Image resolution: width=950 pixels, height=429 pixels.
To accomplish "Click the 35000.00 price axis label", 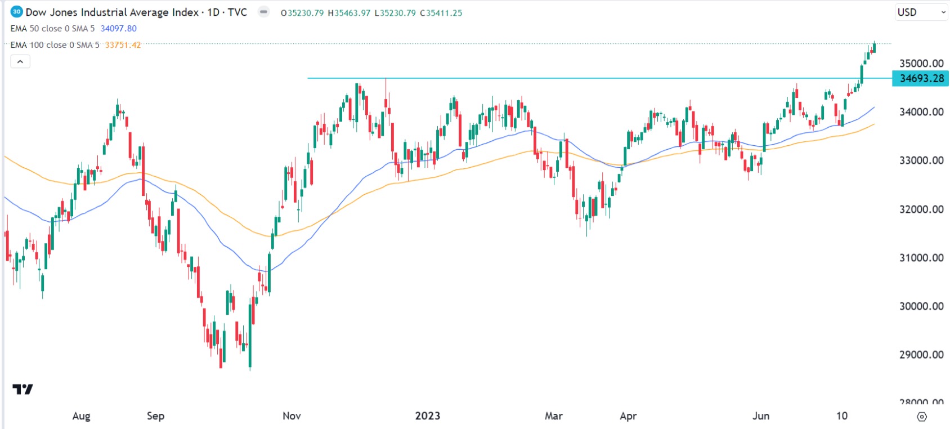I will pyautogui.click(x=921, y=63).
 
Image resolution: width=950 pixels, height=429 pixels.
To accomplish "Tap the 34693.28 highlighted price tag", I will pyautogui.click(x=921, y=78).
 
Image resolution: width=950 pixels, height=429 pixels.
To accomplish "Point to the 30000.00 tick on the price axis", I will pyautogui.click(x=921, y=306).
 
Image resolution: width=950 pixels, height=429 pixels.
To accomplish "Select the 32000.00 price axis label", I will pyautogui.click(x=921, y=209).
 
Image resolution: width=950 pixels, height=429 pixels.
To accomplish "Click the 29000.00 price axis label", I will pyautogui.click(x=921, y=355).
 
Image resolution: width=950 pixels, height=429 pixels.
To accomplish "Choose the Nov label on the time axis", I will pyautogui.click(x=292, y=416).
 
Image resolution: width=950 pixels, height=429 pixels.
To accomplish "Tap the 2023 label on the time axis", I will pyautogui.click(x=428, y=416).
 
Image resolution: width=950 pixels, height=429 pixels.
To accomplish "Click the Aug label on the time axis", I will pyautogui.click(x=81, y=416).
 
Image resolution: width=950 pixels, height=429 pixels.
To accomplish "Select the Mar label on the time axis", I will pyautogui.click(x=553, y=416).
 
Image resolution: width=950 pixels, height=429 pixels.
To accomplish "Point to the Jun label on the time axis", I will pyautogui.click(x=761, y=416).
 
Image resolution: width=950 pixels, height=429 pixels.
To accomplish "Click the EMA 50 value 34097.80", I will pyautogui.click(x=119, y=29).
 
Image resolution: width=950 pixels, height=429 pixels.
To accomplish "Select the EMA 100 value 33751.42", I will pyautogui.click(x=123, y=45).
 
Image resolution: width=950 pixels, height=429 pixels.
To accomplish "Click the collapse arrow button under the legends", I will pyautogui.click(x=20, y=61).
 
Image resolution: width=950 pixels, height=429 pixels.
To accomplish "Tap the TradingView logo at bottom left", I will pyautogui.click(x=23, y=389).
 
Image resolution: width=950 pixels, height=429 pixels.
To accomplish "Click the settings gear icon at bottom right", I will pyautogui.click(x=922, y=417).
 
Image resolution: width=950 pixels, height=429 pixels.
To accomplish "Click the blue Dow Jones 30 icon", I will pyautogui.click(x=17, y=12).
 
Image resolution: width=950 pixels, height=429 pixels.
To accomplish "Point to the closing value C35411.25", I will pyautogui.click(x=441, y=13).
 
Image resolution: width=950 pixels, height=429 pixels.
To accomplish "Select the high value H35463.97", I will pyautogui.click(x=349, y=13).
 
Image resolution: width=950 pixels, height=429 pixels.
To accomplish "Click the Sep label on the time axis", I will pyautogui.click(x=155, y=416).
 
